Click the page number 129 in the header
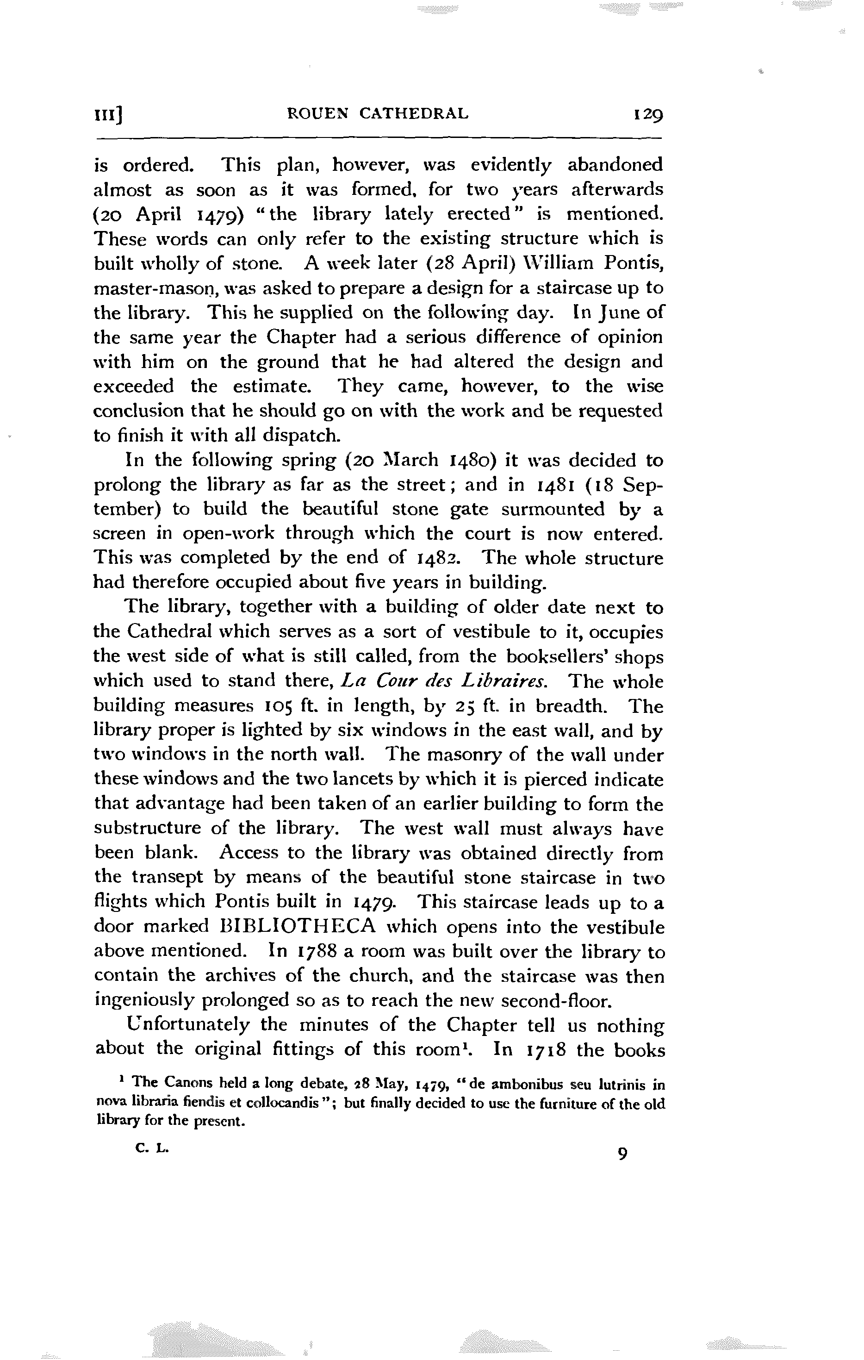coord(648,115)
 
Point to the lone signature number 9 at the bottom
coord(622,1154)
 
